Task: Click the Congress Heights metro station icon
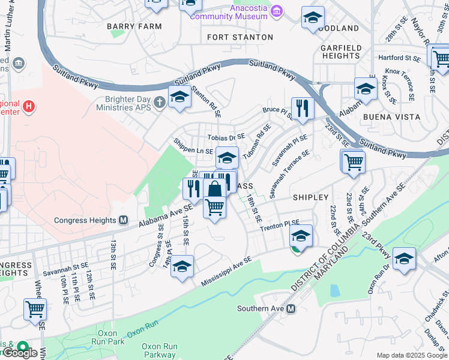coord(124,220)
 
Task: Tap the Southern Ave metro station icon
coord(291,308)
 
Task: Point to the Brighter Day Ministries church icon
coord(159,101)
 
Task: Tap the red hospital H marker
coord(28,107)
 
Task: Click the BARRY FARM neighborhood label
coord(134,26)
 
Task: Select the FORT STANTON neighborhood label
coord(240,37)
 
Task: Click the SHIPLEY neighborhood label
coord(310,197)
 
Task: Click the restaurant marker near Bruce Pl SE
coord(303,109)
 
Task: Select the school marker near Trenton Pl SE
coord(301,235)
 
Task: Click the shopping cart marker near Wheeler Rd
coord(35,309)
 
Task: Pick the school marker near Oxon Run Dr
coord(404,258)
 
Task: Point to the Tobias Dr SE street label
coord(227,137)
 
